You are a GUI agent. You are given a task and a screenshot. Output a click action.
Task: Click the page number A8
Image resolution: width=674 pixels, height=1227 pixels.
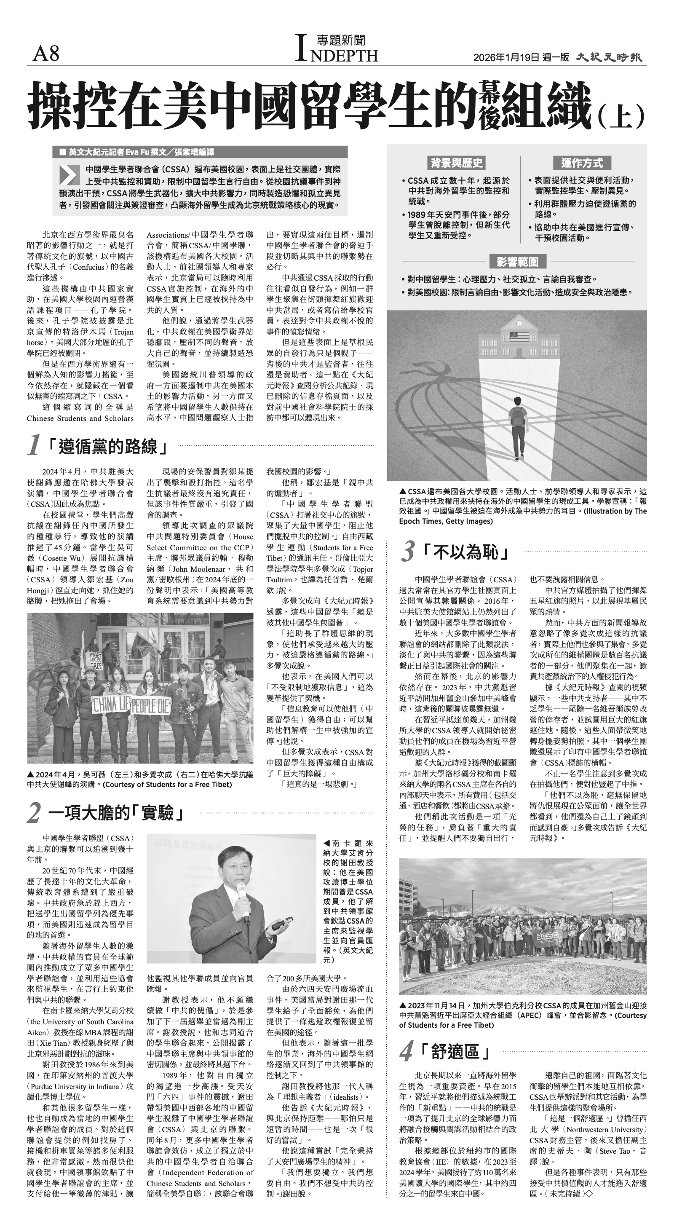coord(46,54)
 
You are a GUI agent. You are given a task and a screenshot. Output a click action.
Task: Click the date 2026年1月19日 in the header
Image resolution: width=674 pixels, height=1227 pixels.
coord(506,57)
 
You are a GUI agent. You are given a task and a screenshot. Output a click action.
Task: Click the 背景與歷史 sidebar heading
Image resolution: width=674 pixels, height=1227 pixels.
coord(456,163)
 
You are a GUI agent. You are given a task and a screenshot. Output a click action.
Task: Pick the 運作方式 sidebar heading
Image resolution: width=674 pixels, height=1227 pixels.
coord(582,163)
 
